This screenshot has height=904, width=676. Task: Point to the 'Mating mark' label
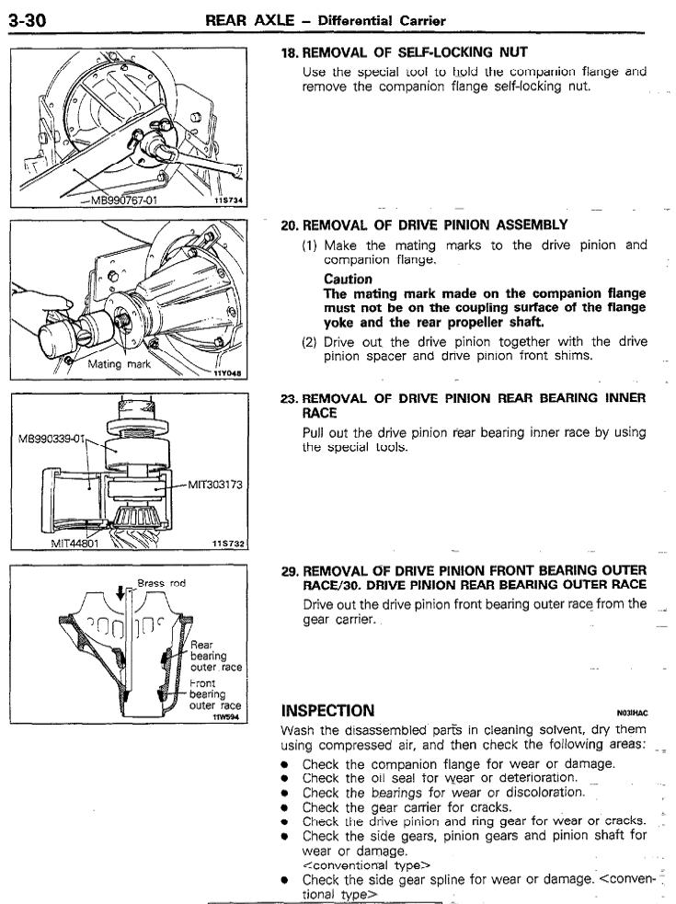click(x=117, y=364)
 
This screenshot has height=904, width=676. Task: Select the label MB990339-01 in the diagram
click(x=52, y=438)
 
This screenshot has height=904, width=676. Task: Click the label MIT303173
click(x=214, y=484)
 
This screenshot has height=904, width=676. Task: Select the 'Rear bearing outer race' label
click(x=215, y=656)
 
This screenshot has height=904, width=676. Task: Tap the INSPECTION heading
click(x=328, y=710)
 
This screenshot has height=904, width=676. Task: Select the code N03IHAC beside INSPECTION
click(x=635, y=713)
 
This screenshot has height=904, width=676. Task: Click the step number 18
click(x=289, y=52)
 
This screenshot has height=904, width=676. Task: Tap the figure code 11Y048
click(x=226, y=373)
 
